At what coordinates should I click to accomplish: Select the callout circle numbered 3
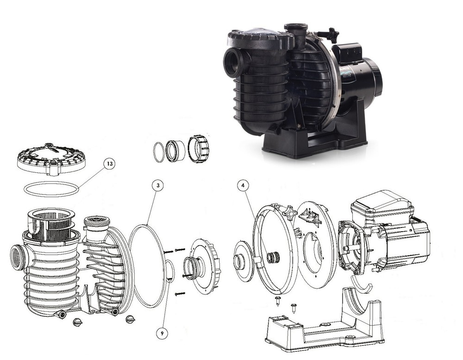tap(158, 185)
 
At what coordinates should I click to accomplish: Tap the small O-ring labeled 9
tap(170, 272)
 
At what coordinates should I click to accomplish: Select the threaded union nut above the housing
tap(198, 148)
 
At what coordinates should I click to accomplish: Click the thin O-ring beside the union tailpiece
tap(159, 152)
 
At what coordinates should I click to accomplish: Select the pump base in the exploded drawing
tap(324, 324)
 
